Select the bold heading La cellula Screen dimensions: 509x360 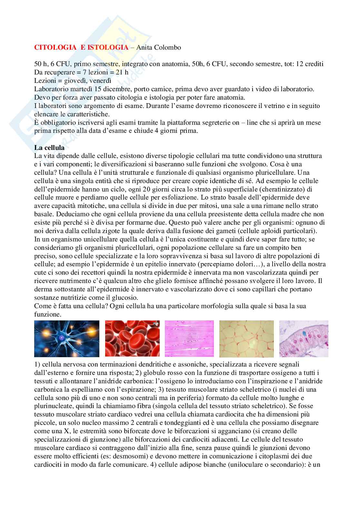click(49, 148)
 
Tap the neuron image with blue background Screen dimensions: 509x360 click(67, 338)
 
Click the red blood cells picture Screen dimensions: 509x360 click(132, 338)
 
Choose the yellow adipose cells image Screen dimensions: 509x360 click(246, 338)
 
